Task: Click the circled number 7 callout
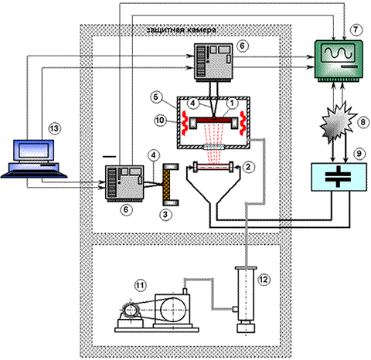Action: pos(356,29)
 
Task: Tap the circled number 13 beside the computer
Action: pos(55,128)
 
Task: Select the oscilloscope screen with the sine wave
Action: pos(338,53)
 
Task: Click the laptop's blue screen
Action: pos(33,151)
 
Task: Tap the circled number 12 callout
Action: pos(264,280)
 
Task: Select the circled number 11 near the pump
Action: pos(140,285)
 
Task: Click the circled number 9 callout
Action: pos(359,154)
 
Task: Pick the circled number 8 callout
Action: pos(362,121)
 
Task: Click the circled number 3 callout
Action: pos(165,214)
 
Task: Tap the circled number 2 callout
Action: pos(248,167)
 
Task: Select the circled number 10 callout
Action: pos(160,120)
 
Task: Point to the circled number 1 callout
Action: pos(232,103)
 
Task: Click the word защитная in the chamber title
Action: pos(165,30)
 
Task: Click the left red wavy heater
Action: pos(184,123)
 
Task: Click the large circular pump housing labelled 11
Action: pos(172,311)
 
